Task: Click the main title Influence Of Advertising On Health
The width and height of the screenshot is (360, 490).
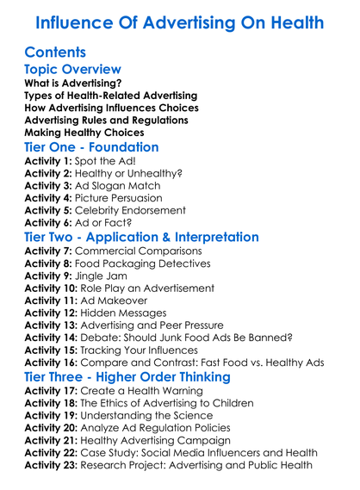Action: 179,22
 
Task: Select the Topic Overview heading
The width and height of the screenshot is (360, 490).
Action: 73,70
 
